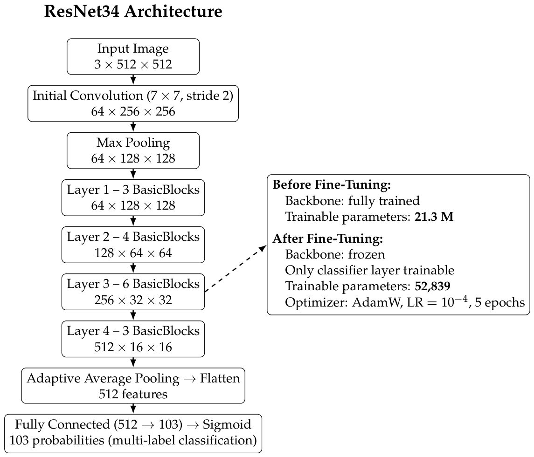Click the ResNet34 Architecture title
[133, 11]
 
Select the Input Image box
[133, 56]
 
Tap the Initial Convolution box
[133, 103]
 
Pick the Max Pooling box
[133, 150]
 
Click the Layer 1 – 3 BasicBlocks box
[133, 198]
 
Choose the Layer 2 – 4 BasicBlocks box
[133, 245]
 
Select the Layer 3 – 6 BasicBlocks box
[133, 292]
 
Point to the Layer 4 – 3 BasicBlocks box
[133, 339]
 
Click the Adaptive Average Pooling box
[133, 386]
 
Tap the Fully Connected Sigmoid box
[133, 434]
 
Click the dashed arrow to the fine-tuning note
[236, 268]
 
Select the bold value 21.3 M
[434, 217]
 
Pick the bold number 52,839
[432, 286]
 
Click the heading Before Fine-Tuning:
[332, 184]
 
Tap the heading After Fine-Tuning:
[327, 239]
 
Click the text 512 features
[133, 394]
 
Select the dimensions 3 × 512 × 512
[133, 64]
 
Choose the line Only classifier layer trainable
[369, 270]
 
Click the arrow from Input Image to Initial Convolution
[133, 80]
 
